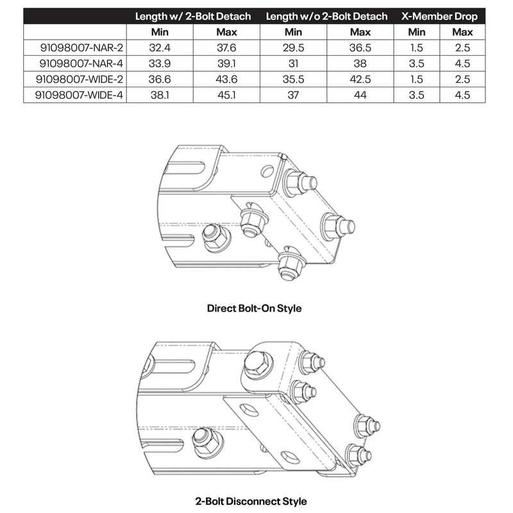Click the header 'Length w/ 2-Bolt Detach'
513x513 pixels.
coord(194,15)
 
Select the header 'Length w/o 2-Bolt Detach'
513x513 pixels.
coord(326,15)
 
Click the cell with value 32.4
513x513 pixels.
coord(160,47)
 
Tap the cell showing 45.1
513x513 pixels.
coord(227,94)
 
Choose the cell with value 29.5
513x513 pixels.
coord(293,47)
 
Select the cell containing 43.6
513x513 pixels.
coord(227,78)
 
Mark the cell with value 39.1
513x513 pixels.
coord(227,63)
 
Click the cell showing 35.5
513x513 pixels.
coord(293,78)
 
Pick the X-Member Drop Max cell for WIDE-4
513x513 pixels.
coord(462,94)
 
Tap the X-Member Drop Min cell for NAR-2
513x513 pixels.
coord(416,47)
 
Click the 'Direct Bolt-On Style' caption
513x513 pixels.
coord(254,308)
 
